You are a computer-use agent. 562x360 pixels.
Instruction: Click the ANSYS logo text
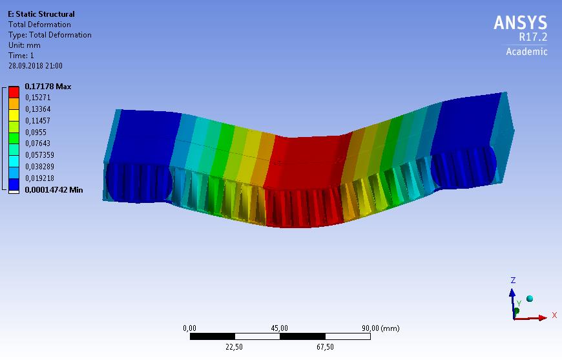[x=521, y=23]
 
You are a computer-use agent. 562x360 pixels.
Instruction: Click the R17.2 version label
[x=533, y=37]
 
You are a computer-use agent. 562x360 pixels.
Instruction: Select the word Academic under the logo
[x=526, y=52]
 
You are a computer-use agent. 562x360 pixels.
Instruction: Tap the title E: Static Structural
[x=41, y=14]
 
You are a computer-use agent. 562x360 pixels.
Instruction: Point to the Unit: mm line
[x=25, y=45]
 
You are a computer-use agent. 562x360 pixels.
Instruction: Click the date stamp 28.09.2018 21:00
[x=36, y=66]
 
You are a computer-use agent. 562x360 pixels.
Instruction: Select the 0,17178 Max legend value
[x=48, y=87]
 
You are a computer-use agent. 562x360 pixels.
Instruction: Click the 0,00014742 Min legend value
[x=54, y=189]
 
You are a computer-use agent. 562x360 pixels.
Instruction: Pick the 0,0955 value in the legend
[x=36, y=132]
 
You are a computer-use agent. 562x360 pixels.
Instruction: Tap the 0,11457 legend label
[x=37, y=120]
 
